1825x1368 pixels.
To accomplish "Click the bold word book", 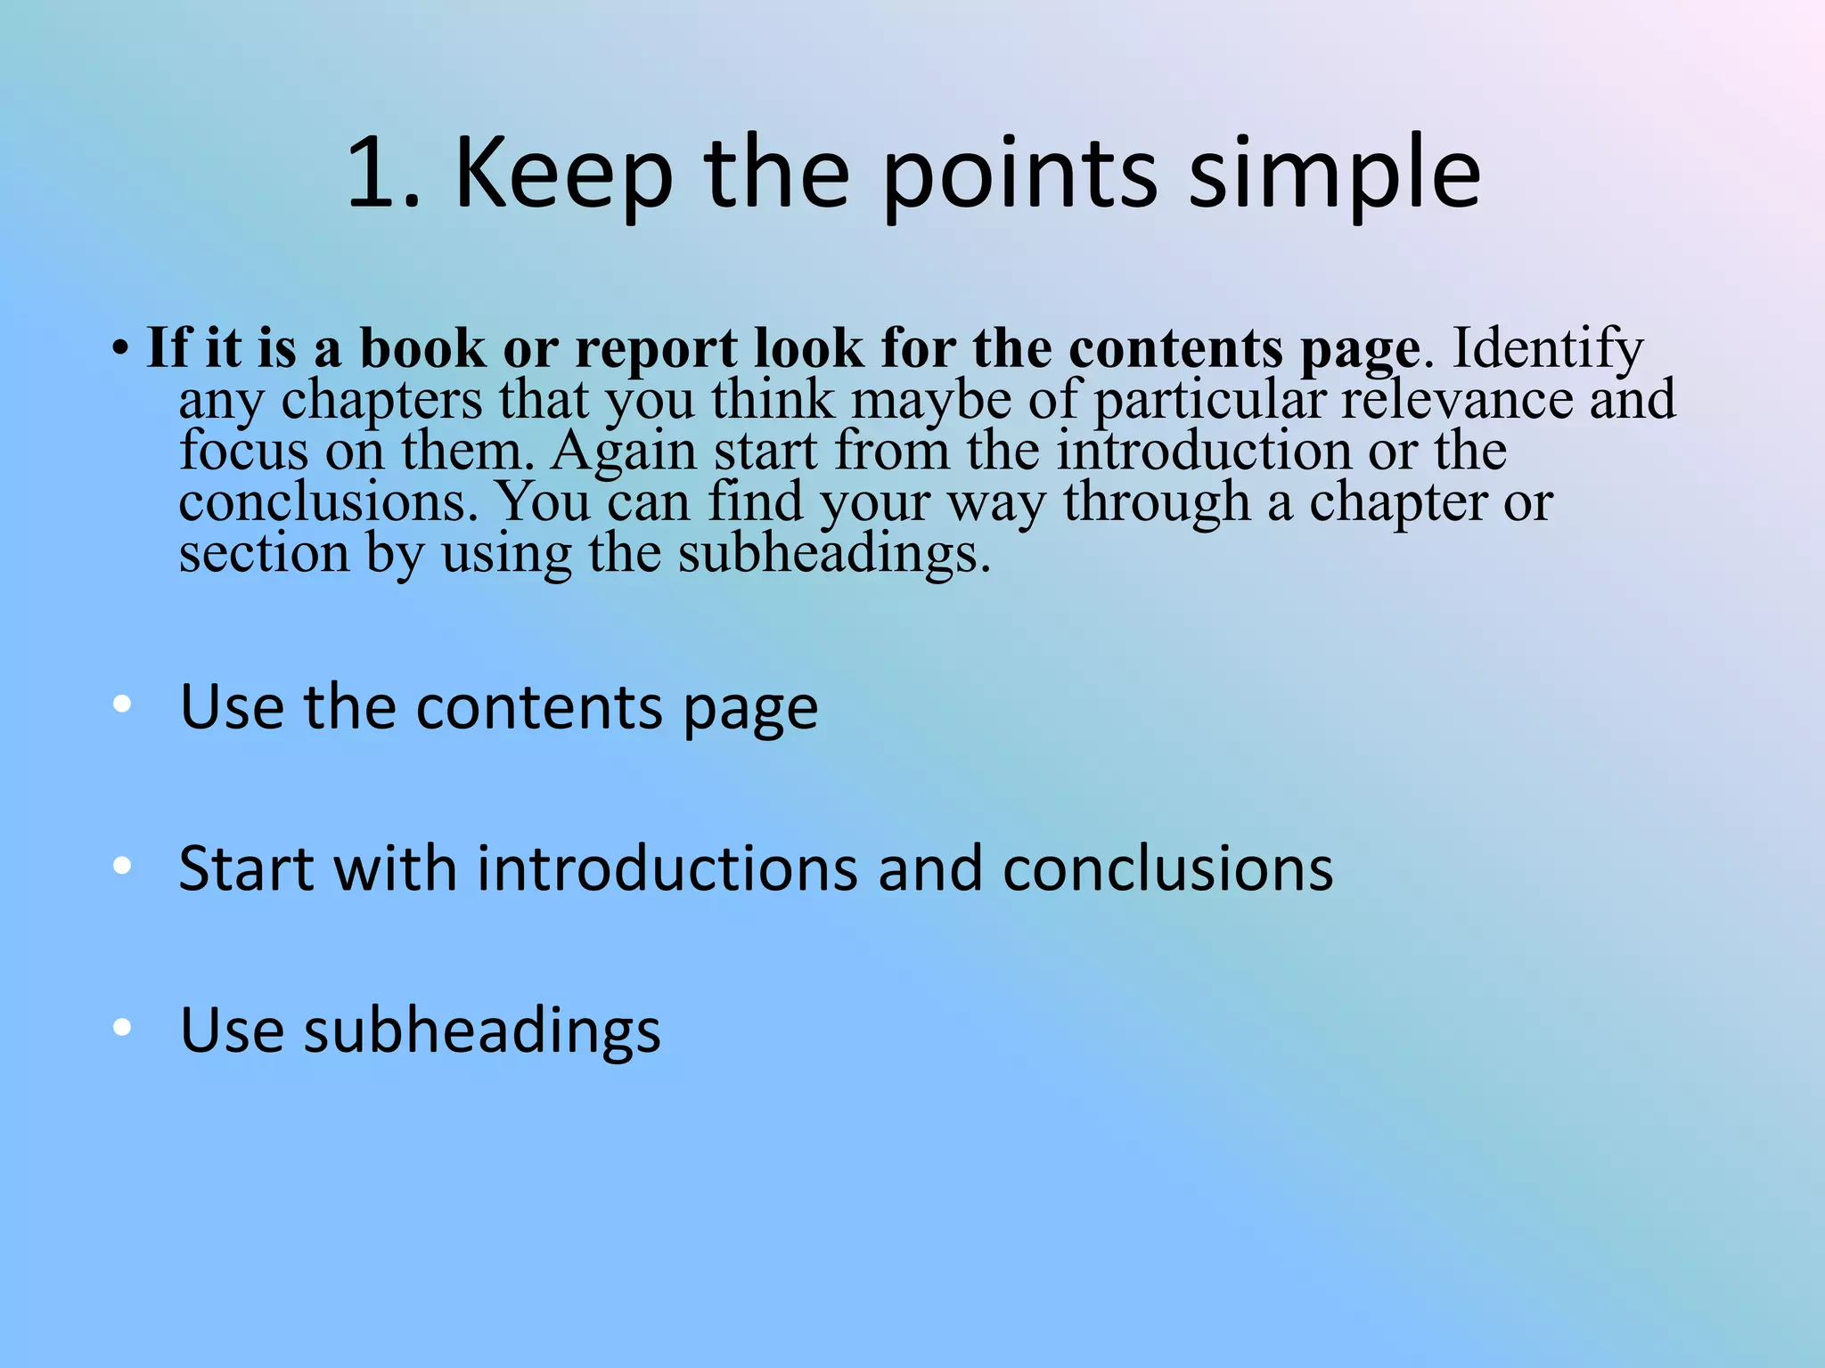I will pyautogui.click(x=422, y=347).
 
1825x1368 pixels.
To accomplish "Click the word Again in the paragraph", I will pyautogui.click(x=623, y=452).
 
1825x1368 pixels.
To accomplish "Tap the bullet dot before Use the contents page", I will pyautogui.click(x=123, y=704).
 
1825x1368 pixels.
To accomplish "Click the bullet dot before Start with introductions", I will pyautogui.click(x=123, y=866).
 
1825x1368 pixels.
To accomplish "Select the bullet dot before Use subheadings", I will pyautogui.click(x=123, y=1027).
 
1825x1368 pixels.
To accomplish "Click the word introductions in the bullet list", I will pyautogui.click(x=667, y=867).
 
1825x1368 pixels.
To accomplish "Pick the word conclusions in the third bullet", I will pyautogui.click(x=1167, y=867).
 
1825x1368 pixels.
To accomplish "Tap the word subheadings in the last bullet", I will pyautogui.click(x=482, y=1030).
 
